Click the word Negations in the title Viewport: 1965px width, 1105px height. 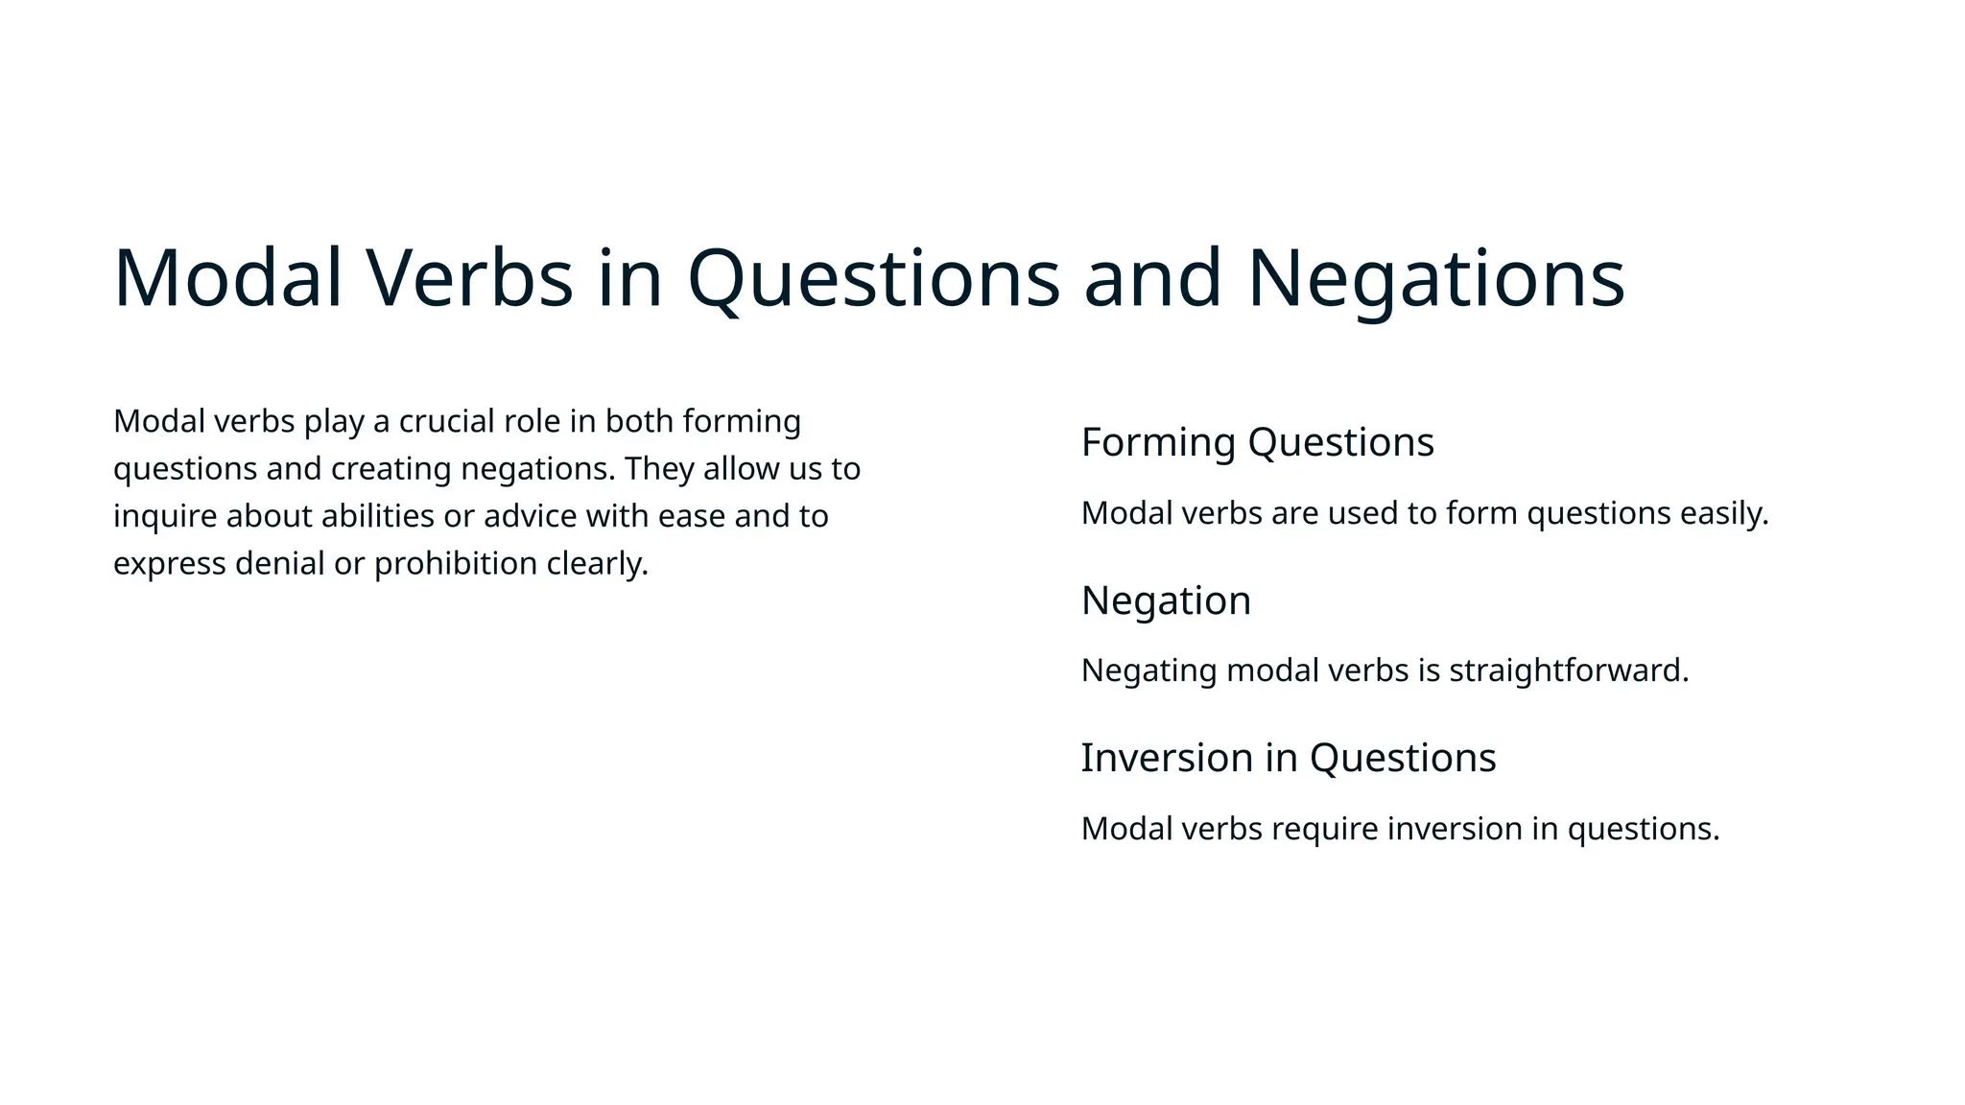(1435, 279)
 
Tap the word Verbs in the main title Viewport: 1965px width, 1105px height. (469, 279)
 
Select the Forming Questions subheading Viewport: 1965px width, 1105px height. (1257, 442)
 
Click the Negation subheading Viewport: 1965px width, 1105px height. (1166, 600)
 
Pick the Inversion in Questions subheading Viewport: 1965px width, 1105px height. (1288, 758)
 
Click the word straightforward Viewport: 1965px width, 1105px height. (1568, 670)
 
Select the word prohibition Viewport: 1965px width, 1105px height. (456, 564)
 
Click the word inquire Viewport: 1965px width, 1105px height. (165, 516)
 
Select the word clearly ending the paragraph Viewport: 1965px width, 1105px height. (597, 564)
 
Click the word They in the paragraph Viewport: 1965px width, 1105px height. (659, 469)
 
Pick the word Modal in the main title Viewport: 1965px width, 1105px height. (227, 279)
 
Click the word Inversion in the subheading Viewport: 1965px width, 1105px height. (1167, 758)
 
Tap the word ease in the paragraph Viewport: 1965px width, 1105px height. (691, 516)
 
